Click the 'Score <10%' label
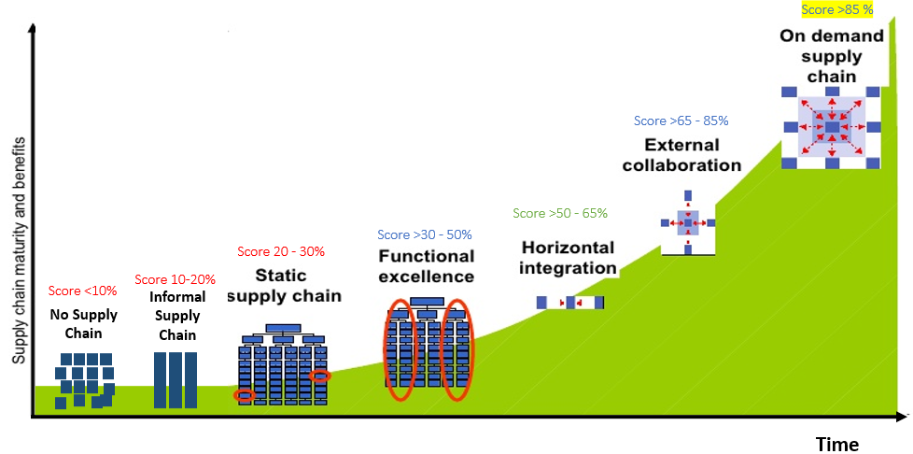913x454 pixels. click(x=83, y=291)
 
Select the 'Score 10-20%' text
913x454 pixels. click(x=175, y=279)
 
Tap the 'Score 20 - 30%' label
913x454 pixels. click(x=281, y=252)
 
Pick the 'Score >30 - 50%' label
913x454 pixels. click(x=425, y=234)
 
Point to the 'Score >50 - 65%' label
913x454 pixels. click(x=559, y=213)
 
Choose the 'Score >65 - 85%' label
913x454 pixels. click(x=681, y=121)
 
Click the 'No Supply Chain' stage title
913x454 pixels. click(x=84, y=324)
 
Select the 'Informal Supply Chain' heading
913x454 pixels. click(x=177, y=316)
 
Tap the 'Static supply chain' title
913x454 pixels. click(x=284, y=285)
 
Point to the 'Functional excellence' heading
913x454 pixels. click(x=427, y=265)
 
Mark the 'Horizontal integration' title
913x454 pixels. click(x=568, y=258)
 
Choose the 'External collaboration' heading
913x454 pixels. click(x=681, y=154)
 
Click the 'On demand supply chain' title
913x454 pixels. click(x=832, y=56)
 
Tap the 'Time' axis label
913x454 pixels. click(x=836, y=445)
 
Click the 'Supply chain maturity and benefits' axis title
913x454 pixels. click(x=20, y=250)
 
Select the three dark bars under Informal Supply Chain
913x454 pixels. click(x=176, y=380)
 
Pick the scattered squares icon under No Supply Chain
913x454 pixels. click(x=84, y=380)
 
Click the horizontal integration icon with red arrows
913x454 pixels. click(x=570, y=303)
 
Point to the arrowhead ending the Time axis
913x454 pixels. click(x=902, y=417)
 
